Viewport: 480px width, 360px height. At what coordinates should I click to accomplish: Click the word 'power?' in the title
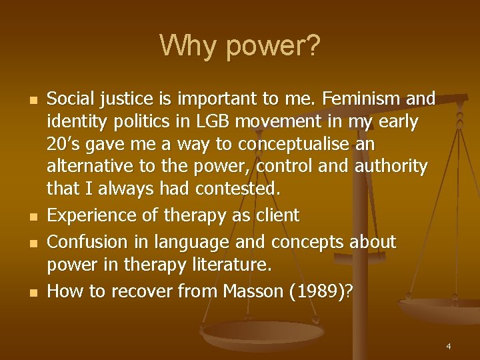[x=273, y=47]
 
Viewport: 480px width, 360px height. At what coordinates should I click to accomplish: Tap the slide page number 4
[x=449, y=346]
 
